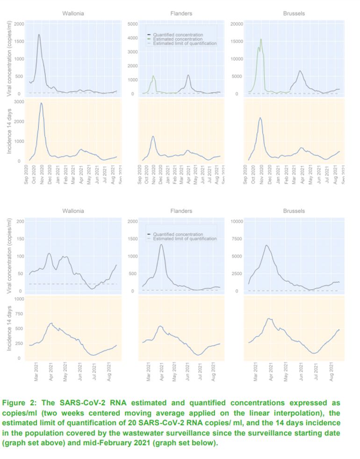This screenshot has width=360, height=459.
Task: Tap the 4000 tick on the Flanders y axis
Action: coord(132,38)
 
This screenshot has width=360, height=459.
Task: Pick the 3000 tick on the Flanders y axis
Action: coord(132,52)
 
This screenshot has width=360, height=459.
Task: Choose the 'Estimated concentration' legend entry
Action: coord(178,39)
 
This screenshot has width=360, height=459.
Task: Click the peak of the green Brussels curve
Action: coord(260,39)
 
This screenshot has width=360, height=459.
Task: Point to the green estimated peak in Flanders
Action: coord(153,76)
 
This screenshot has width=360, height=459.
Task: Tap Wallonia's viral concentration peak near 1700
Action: coord(39,35)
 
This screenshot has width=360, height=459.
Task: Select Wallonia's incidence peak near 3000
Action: coord(41,103)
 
